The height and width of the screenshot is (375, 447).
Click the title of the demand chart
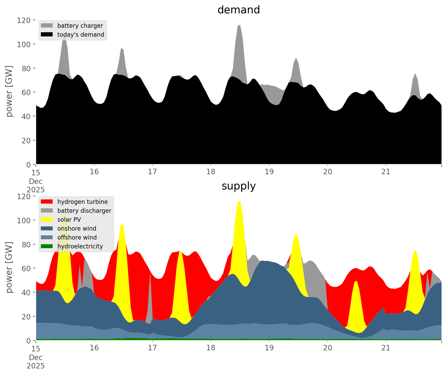238,10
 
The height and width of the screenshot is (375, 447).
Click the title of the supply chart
238,186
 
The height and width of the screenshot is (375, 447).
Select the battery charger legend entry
80,26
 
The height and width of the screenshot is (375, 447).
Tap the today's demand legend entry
80,35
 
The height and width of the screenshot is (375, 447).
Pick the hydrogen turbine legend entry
82,202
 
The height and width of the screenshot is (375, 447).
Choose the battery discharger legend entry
84,211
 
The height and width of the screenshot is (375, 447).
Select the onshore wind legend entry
77,229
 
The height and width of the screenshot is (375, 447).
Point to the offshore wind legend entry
77,237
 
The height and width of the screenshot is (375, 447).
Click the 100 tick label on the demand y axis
23,44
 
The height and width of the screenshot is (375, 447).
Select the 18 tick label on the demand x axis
211,172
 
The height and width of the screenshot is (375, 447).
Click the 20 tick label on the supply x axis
328,348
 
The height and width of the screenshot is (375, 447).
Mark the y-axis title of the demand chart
9,91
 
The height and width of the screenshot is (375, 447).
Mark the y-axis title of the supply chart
9,267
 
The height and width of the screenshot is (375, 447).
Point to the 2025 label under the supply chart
36,366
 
